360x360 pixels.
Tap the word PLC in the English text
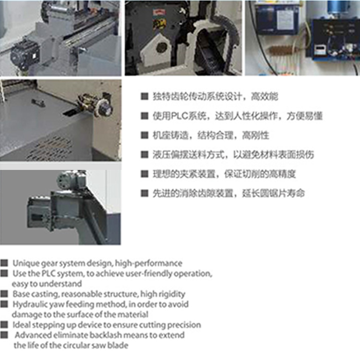[48, 274]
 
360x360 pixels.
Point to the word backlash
[108, 335]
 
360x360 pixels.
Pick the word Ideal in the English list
[20, 325]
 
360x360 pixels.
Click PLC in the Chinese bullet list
[180, 116]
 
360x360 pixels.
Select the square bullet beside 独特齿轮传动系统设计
[144, 96]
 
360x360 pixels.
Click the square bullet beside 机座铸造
[144, 135]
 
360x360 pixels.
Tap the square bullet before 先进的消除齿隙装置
[144, 193]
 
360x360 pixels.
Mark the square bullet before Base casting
[4, 294]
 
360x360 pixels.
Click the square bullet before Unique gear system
[4, 263]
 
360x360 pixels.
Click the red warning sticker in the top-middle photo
[157, 12]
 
